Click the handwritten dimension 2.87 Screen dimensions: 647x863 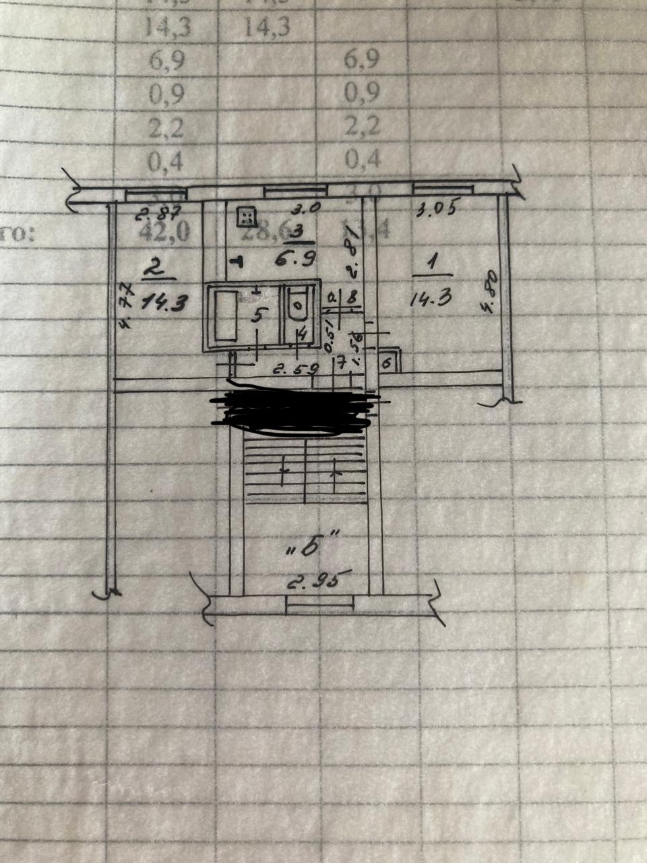pos(158,215)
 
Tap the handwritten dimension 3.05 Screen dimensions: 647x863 pos(437,210)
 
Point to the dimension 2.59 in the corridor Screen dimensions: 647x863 pos(290,369)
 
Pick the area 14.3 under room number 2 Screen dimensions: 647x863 pos(162,302)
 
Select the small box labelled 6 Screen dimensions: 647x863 pos(387,363)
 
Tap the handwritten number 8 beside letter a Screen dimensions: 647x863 pos(350,296)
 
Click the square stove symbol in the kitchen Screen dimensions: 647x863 pos(247,216)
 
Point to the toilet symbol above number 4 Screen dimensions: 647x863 pos(298,305)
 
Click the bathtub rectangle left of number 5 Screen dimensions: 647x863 pos(224,316)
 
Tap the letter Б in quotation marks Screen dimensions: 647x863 pos(311,546)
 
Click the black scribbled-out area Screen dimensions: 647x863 pos(294,409)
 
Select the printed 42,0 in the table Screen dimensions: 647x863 pos(164,231)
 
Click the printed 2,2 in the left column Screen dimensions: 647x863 pos(165,126)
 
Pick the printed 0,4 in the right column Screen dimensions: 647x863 pos(362,159)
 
